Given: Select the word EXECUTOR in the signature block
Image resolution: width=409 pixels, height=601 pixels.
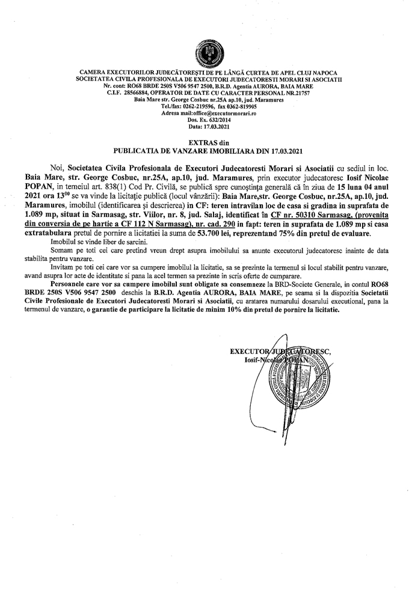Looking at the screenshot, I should (x=248, y=352).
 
